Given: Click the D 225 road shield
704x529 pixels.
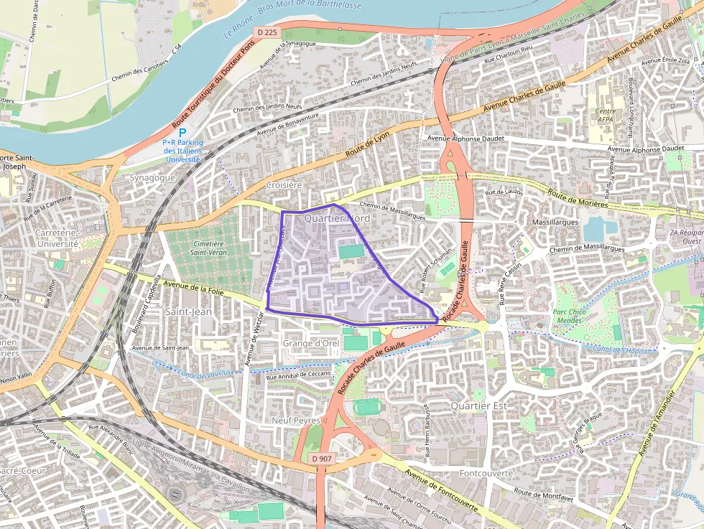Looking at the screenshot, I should click(266, 32).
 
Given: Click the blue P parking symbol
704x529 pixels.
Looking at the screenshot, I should click(182, 133).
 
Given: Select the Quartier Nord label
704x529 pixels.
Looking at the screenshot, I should click(336, 217).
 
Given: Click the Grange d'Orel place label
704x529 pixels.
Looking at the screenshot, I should click(311, 343).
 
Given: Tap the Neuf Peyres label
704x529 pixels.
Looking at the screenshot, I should click(296, 420).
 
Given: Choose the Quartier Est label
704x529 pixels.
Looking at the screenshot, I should click(479, 406).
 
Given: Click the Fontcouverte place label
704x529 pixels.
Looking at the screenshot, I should click(486, 474).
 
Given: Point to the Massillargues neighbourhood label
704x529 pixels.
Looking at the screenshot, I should click(555, 223).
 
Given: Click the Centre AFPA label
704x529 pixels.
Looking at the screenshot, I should click(606, 116).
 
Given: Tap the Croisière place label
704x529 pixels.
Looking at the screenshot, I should click(284, 184).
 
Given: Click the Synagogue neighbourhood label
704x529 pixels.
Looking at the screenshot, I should click(152, 177).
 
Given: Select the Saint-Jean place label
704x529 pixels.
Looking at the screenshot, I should click(188, 312).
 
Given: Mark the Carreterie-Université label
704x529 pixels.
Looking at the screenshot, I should click(57, 238).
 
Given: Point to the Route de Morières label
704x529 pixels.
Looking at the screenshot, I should click(578, 198).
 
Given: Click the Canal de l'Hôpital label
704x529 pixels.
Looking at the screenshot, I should click(621, 350).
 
